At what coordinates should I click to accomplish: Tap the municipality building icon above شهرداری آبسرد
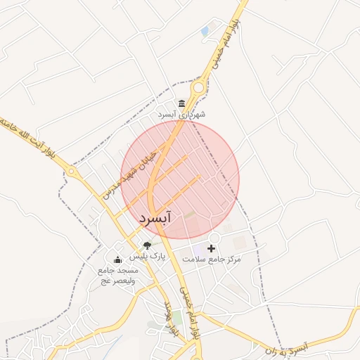182,103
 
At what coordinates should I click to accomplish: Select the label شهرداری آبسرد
181,114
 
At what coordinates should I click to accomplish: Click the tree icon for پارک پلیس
147,245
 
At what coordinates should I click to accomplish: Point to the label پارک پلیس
152,257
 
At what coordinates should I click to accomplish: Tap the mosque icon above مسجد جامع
117,259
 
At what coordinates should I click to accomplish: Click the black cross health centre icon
211,248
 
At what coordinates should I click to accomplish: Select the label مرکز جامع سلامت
212,259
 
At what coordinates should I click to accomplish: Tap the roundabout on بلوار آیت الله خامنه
71,171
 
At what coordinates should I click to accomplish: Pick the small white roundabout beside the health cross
214,238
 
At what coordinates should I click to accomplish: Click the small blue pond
205,32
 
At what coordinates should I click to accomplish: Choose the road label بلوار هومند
174,316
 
